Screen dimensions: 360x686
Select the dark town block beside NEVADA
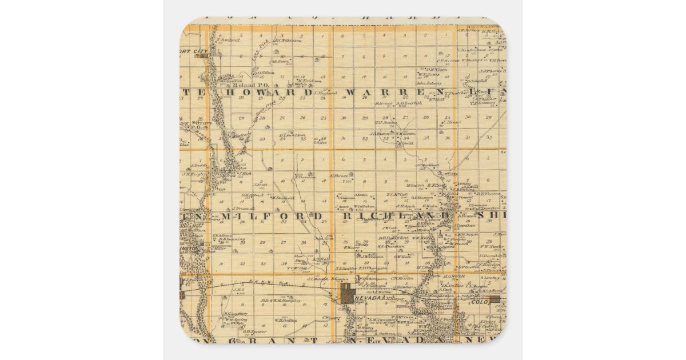click(x=348, y=295)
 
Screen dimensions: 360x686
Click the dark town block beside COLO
click(x=494, y=298)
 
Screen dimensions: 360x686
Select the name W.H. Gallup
click(x=285, y=320)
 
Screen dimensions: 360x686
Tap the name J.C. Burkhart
click(x=427, y=165)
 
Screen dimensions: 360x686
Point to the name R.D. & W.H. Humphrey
click(x=280, y=299)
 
